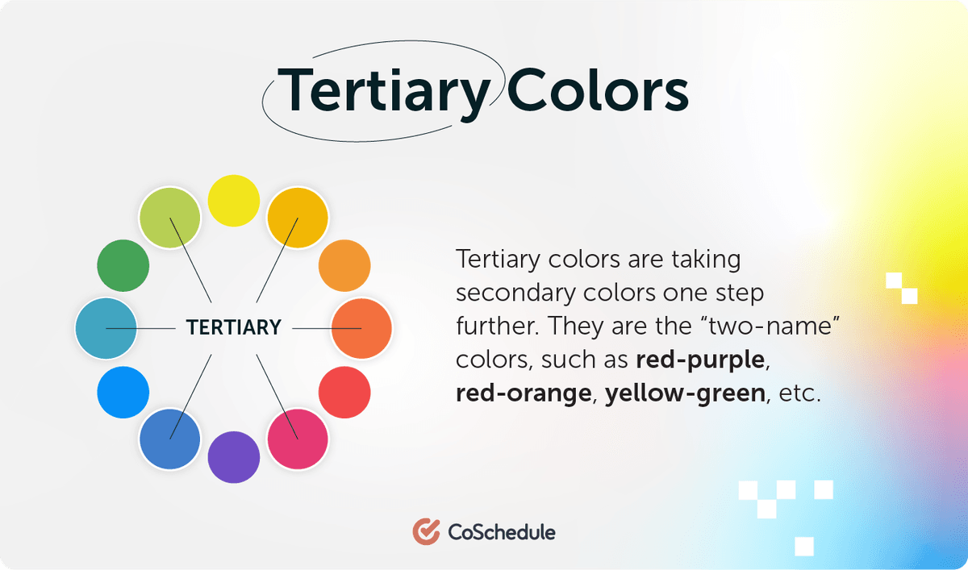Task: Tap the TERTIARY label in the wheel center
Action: [234, 328]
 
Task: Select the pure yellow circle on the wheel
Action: [234, 200]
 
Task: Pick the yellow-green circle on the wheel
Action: [169, 218]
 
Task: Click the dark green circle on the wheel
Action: [123, 264]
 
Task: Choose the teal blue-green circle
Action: [106, 328]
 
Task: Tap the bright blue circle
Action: [123, 393]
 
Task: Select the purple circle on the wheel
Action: [234, 457]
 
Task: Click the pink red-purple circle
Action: [298, 439]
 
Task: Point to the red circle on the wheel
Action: [344, 393]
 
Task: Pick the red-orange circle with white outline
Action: [361, 328]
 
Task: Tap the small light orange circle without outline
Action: [344, 264]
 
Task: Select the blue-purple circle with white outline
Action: [169, 439]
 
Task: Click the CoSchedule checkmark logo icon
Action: [425, 532]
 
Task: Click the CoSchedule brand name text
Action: [500, 532]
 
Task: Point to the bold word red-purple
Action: [699, 360]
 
